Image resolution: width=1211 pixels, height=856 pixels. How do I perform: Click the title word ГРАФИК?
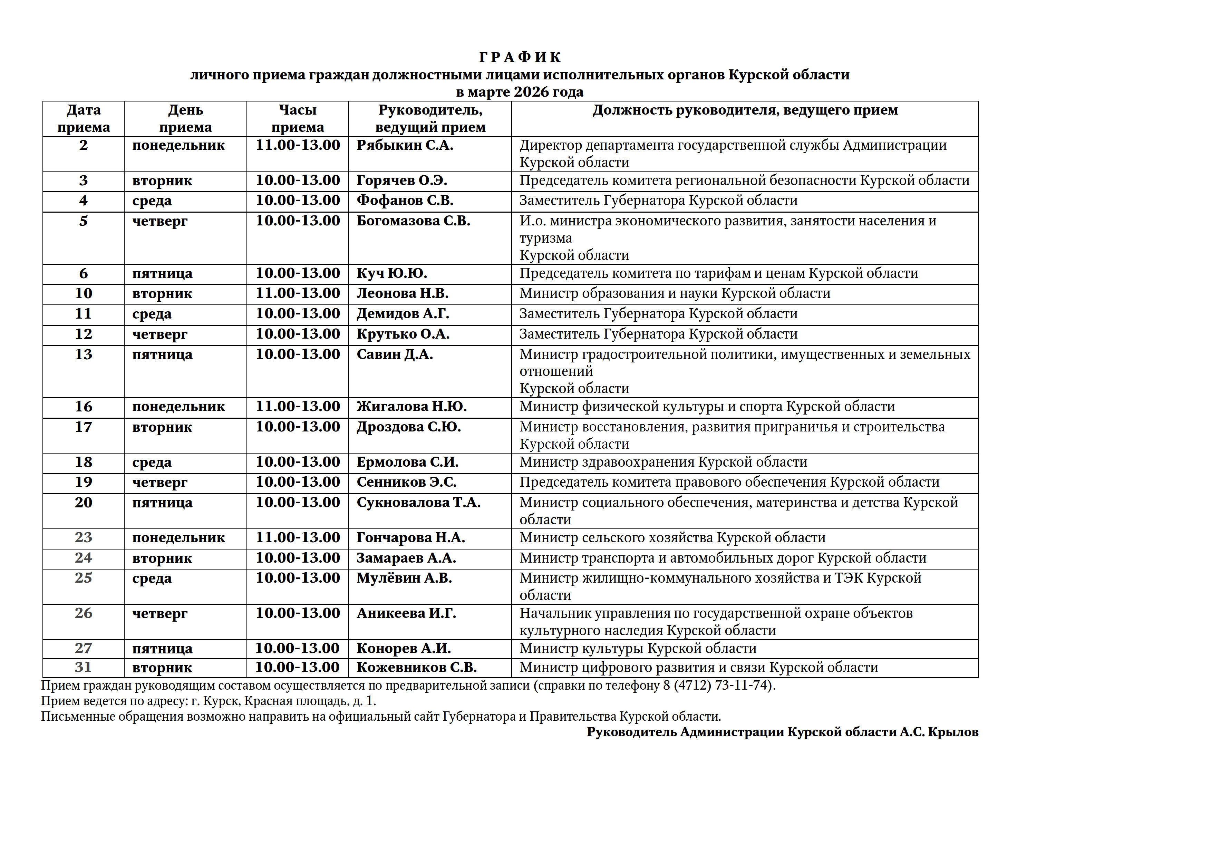(x=520, y=57)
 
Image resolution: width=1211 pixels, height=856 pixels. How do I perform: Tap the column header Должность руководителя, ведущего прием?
(x=745, y=110)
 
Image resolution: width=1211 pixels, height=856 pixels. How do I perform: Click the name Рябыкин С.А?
(x=405, y=145)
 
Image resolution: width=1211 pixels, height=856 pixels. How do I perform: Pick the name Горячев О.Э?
(x=401, y=181)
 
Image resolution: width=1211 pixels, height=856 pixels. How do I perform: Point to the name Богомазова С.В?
(x=413, y=221)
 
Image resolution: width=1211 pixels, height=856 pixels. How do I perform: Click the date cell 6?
(x=83, y=273)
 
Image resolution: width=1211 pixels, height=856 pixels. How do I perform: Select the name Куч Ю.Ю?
(x=391, y=273)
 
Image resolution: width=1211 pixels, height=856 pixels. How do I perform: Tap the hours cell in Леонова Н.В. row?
(x=298, y=293)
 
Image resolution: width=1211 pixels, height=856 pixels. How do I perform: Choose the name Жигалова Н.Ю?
(x=411, y=407)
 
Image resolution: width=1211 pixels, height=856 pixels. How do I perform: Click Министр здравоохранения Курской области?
(x=663, y=462)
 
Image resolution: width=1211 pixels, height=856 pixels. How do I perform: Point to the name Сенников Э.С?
(x=406, y=482)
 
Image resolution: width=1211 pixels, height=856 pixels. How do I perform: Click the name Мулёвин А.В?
(x=404, y=578)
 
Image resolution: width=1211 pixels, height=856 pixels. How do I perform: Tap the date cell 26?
(x=83, y=613)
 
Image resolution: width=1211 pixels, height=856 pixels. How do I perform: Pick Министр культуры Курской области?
(x=638, y=648)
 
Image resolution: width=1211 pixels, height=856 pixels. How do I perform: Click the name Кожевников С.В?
(x=416, y=667)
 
